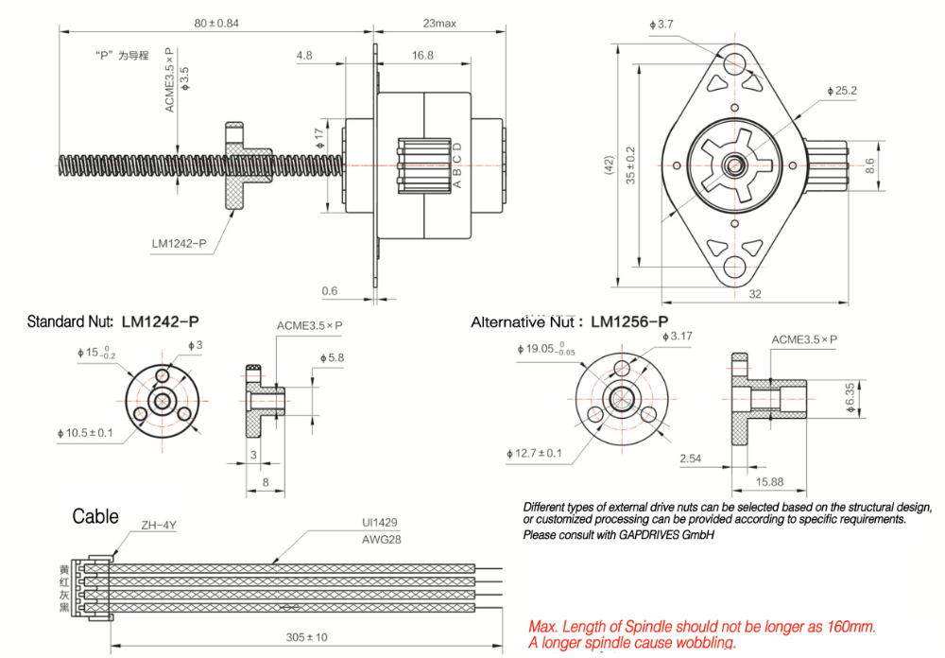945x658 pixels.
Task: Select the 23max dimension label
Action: click(437, 22)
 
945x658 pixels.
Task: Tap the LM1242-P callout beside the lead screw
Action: click(179, 244)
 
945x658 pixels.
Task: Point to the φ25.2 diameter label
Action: click(840, 91)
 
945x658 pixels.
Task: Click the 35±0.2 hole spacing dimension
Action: click(631, 164)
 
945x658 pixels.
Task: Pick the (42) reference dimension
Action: click(610, 164)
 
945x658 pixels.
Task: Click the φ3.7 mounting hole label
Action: click(661, 24)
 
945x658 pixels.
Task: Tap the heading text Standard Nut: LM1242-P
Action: click(117, 321)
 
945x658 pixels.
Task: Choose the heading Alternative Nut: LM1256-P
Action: click(570, 322)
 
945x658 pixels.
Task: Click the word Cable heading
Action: click(95, 516)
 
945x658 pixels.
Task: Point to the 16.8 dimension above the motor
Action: click(422, 56)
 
